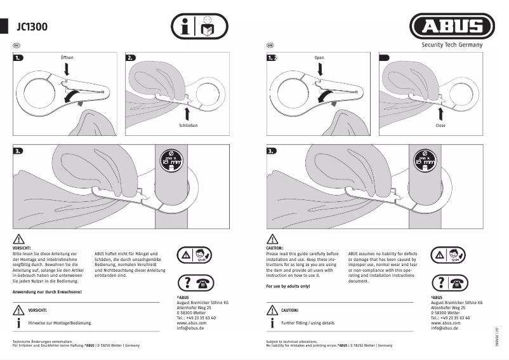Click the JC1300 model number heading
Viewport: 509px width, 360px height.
(32, 27)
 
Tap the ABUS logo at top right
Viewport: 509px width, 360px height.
(452, 26)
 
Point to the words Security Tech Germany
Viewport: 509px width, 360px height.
(452, 45)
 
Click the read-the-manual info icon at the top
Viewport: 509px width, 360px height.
(199, 27)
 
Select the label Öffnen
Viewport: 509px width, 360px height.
(67, 58)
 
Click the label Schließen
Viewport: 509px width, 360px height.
(188, 126)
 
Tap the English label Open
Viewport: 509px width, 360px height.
(319, 58)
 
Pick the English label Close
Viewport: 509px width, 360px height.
(441, 126)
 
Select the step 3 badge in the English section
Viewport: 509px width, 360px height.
(272, 151)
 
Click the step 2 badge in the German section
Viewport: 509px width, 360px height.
(131, 58)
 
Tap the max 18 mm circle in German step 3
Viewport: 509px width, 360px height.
(171, 157)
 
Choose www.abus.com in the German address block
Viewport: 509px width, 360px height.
(191, 323)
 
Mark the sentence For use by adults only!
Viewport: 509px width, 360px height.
(288, 287)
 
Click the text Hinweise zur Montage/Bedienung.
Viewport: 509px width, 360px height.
(60, 323)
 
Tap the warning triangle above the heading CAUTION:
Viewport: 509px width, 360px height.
(272, 239)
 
